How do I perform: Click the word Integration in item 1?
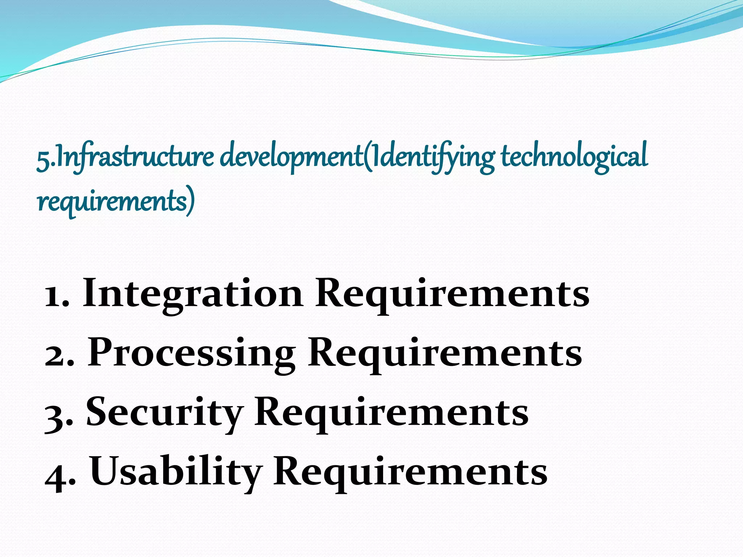pos(193,293)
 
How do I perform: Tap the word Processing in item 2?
pos(191,353)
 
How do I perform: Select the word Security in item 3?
pos(164,412)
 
